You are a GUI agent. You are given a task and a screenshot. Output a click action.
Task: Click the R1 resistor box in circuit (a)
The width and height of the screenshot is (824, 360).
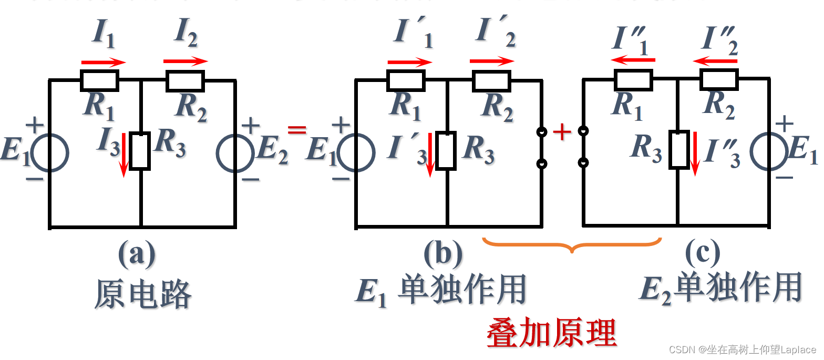(x=99, y=80)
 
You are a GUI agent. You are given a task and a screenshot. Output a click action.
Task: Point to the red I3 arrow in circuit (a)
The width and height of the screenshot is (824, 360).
(x=124, y=155)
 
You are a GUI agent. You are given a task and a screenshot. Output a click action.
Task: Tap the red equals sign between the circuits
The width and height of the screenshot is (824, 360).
(x=296, y=130)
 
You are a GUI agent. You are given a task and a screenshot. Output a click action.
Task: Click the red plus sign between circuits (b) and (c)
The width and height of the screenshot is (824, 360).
(x=562, y=132)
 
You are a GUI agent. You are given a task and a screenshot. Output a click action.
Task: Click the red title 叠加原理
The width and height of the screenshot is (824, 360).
(x=551, y=332)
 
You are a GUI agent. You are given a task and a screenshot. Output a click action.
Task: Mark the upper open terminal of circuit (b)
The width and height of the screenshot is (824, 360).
(x=541, y=131)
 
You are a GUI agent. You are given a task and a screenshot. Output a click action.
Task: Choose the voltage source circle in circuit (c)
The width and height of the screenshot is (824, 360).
(x=769, y=153)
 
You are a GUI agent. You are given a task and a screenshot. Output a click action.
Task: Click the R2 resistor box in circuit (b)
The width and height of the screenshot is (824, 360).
(x=491, y=80)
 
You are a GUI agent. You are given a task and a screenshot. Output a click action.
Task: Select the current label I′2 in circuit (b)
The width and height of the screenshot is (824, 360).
(x=495, y=33)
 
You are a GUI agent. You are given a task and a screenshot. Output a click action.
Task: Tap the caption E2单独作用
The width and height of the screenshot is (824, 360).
(x=720, y=288)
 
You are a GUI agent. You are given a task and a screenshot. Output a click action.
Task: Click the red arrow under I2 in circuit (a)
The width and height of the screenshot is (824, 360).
(x=186, y=61)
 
